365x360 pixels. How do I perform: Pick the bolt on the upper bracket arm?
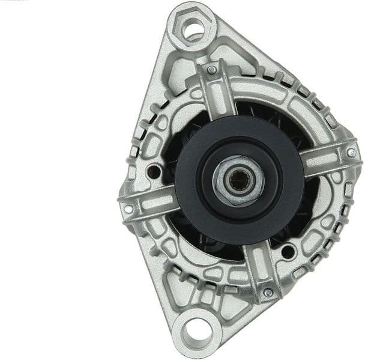pos(211,70)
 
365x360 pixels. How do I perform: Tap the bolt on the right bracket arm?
pos(351,153)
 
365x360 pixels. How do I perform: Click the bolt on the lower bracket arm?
pos(268,292)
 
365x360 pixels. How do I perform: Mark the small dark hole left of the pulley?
pos(154,171)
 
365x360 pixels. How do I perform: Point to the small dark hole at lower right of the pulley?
pos(289,251)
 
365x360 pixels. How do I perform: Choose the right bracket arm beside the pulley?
pos(327,159)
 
